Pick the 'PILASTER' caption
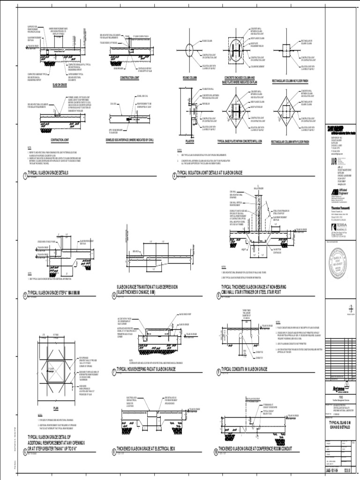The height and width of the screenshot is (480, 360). pos(190,141)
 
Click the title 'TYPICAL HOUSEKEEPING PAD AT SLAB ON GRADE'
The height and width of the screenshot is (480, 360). pos(156,370)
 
